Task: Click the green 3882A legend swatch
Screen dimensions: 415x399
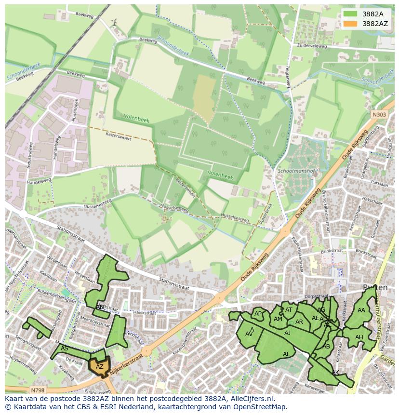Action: click(x=350, y=14)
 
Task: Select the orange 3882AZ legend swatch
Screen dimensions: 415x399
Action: click(x=350, y=24)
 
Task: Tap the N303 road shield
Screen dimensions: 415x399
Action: click(x=379, y=114)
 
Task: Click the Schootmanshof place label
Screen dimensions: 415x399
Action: click(x=296, y=171)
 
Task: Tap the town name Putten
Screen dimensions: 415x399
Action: click(x=375, y=288)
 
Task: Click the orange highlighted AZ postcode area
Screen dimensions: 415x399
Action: click(x=99, y=366)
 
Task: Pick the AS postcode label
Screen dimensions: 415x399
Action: click(x=64, y=348)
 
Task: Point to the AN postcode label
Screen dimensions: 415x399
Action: click(x=100, y=307)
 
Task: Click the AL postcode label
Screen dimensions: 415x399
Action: click(x=286, y=354)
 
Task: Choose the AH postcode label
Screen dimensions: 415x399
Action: click(x=359, y=337)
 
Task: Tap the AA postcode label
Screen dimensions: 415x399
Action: click(x=361, y=310)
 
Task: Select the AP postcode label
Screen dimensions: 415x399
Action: click(x=258, y=313)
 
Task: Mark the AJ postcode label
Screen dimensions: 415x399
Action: click(x=288, y=333)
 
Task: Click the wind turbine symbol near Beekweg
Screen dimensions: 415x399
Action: click(x=114, y=22)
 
